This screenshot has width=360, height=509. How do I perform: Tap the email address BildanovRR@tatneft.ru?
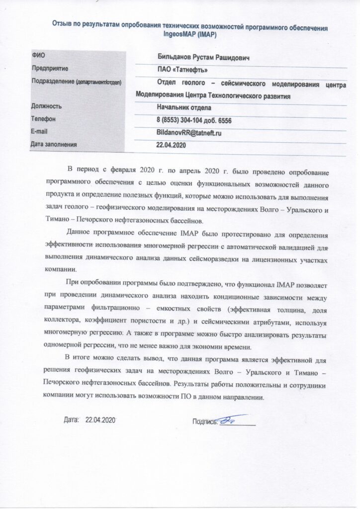click(188, 133)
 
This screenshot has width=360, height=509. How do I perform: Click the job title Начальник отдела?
click(183, 107)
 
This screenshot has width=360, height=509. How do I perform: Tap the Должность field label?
click(46, 106)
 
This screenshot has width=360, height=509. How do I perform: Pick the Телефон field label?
click(43, 119)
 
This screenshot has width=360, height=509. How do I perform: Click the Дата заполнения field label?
click(54, 145)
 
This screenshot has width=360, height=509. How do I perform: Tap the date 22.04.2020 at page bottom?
click(100, 420)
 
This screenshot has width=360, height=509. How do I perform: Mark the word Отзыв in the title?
click(62, 26)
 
